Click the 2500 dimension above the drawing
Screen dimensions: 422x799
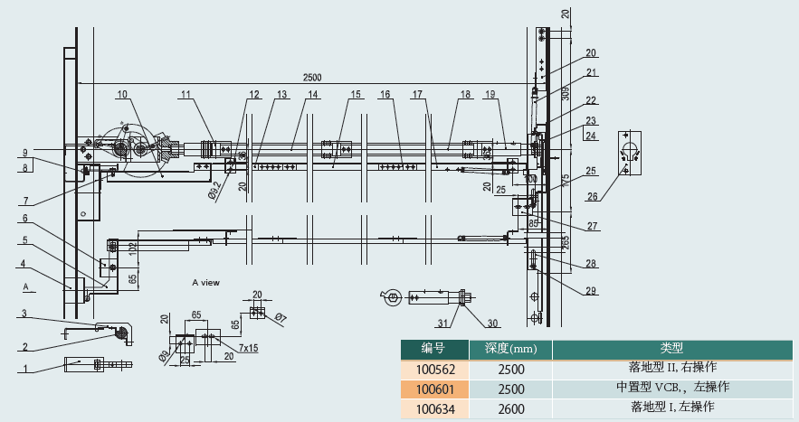[x=311, y=77]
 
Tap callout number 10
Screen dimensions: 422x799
[x=122, y=94]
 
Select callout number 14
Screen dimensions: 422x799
[x=312, y=94]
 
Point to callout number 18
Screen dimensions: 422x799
[x=465, y=94]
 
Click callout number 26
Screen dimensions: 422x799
[x=592, y=195]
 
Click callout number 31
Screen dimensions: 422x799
[x=443, y=324]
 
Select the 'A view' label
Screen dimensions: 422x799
[x=205, y=283]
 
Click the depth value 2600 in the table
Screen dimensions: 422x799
[x=510, y=408]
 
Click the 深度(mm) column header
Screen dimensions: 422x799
[x=510, y=349]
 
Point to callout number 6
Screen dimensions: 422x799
[x=25, y=218]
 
